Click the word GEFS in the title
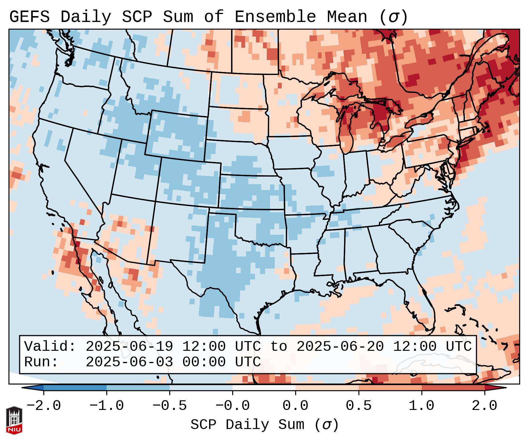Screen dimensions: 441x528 [x=29, y=17]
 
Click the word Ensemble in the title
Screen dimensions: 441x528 [x=275, y=17]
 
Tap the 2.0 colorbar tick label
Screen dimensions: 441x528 [x=485, y=406]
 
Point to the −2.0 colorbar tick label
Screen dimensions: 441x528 [x=43, y=406]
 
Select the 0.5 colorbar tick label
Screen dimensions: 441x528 [x=358, y=406]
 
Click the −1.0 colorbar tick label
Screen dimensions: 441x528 [x=106, y=406]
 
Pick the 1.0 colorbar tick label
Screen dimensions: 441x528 [x=421, y=406]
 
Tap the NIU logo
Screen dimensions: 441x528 [x=14, y=420]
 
